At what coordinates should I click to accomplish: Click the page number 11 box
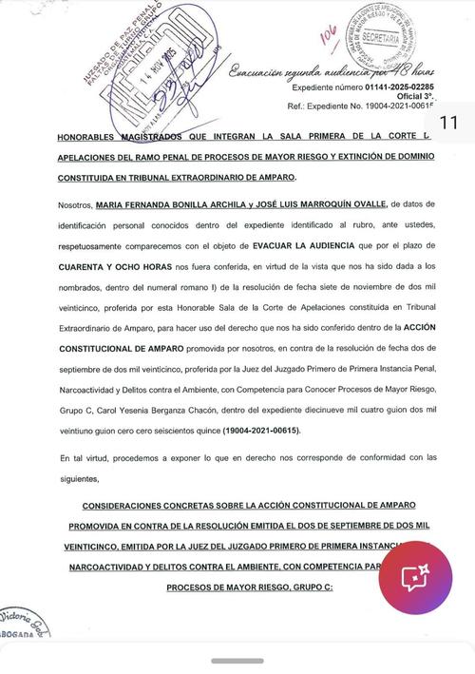[448, 123]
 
